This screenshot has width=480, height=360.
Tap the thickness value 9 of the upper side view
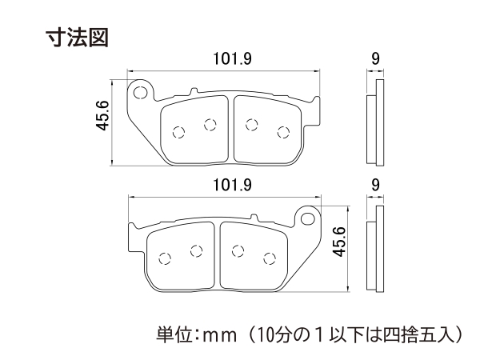pyautogui.click(x=375, y=58)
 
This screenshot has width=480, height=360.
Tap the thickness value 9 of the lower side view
pyautogui.click(x=375, y=185)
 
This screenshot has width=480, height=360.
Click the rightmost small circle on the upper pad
pyautogui.click(x=281, y=132)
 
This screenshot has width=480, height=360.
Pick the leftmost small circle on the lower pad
pyautogui.click(x=166, y=258)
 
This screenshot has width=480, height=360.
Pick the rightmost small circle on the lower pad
pyautogui.click(x=267, y=258)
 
